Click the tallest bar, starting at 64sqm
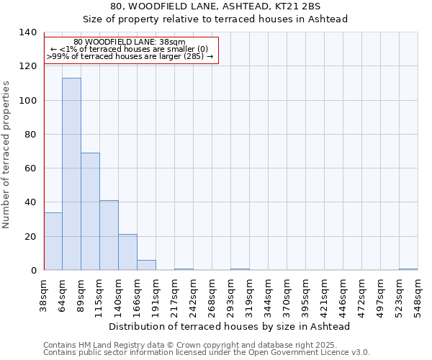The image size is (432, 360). [71, 174]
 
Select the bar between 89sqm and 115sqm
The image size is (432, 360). [90, 212]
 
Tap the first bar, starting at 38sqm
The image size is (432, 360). [53, 241]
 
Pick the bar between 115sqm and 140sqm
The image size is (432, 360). [109, 235]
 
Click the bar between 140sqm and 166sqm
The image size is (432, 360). [127, 252]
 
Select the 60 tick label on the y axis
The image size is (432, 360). [31, 168]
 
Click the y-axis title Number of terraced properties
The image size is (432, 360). [7, 155]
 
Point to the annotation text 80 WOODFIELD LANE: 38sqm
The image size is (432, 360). [130, 42]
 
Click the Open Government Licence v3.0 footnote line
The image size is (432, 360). [207, 353]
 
